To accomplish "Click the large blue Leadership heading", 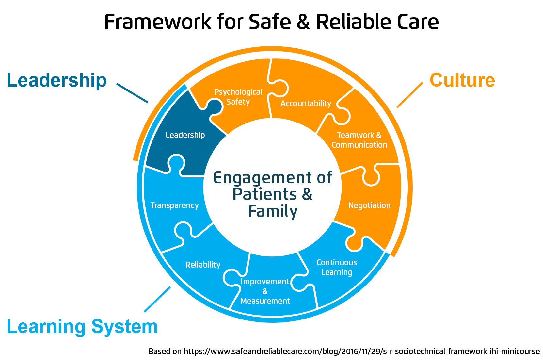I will (57, 80).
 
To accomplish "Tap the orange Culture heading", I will (462, 80).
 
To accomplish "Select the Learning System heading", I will (82, 327).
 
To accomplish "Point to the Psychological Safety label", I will (238, 97).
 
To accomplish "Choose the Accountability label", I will (306, 104).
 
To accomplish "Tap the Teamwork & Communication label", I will (359, 140).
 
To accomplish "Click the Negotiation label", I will (369, 205).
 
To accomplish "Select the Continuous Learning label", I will (337, 267).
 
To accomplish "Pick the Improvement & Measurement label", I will (265, 291).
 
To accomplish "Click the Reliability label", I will (203, 265).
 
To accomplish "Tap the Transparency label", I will (174, 205).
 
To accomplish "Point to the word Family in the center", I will (273, 211).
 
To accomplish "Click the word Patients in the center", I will (265, 194).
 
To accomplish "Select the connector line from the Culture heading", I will (410, 95).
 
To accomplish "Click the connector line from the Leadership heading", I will (132, 93).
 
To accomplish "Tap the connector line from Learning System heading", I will (157, 299).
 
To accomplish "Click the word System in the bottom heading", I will (124, 327).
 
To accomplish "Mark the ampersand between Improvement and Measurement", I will (265, 291).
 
